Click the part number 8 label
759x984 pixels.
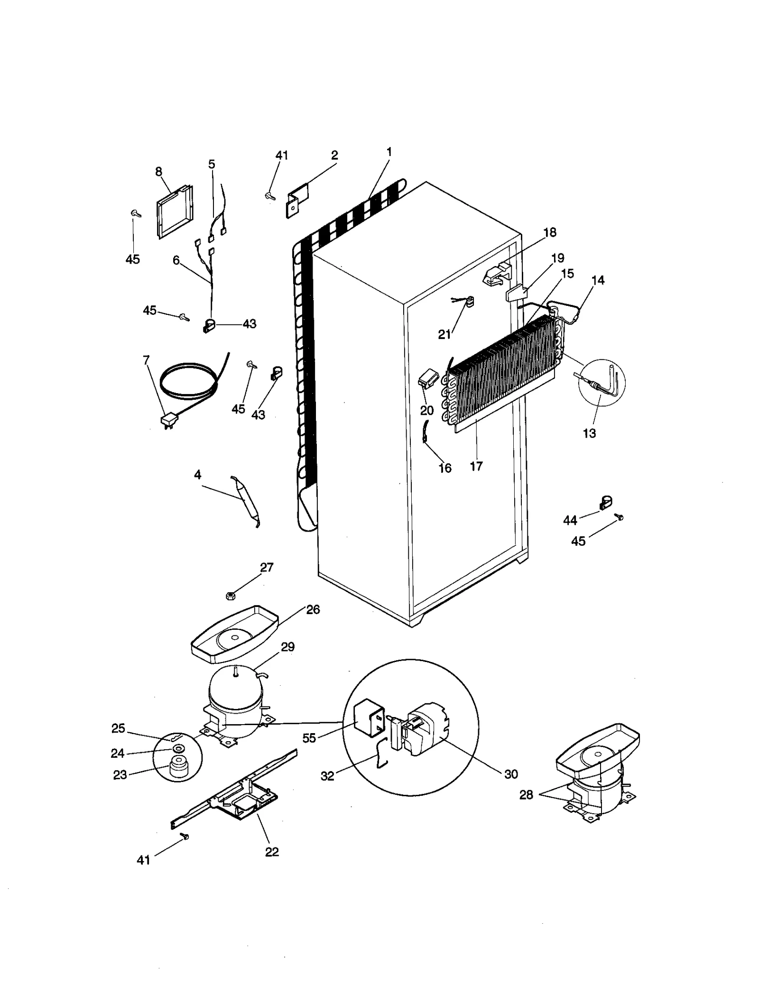point(158,172)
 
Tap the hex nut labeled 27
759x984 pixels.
point(230,596)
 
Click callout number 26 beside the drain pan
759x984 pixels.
point(313,609)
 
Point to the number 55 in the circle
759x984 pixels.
point(309,738)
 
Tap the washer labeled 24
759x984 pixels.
point(179,749)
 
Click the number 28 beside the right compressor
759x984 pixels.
point(526,794)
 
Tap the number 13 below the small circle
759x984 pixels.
point(589,433)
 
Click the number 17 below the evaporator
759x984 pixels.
point(476,466)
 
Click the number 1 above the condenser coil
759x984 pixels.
point(389,152)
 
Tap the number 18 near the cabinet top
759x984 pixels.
point(550,232)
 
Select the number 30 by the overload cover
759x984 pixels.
point(511,774)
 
